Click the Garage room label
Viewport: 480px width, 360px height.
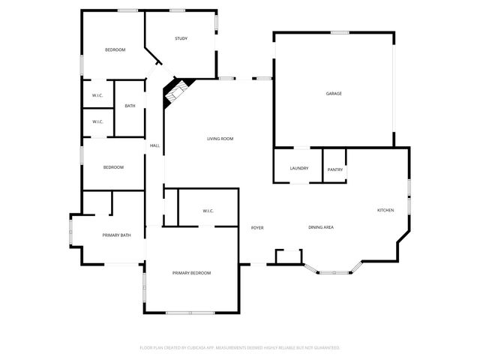(334, 94)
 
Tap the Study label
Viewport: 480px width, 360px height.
(181, 39)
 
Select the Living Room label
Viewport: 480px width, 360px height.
(220, 139)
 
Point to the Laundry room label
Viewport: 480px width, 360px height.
(299, 168)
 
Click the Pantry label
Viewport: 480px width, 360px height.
(335, 169)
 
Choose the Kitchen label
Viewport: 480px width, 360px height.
(385, 210)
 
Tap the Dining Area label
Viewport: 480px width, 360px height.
(321, 227)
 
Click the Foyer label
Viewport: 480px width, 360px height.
(257, 227)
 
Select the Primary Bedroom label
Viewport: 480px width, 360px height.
(191, 273)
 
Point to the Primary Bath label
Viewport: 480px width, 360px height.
(116, 235)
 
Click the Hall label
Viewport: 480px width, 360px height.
(154, 145)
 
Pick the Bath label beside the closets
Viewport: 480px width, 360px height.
(130, 106)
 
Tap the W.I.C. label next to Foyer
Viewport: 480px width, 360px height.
(208, 211)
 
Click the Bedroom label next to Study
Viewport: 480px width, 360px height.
(115, 49)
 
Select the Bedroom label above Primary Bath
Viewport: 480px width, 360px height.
(113, 167)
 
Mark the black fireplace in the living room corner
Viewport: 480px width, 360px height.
(176, 91)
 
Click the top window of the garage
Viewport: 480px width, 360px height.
(341, 32)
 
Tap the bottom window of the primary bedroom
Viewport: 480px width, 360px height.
(190, 312)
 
